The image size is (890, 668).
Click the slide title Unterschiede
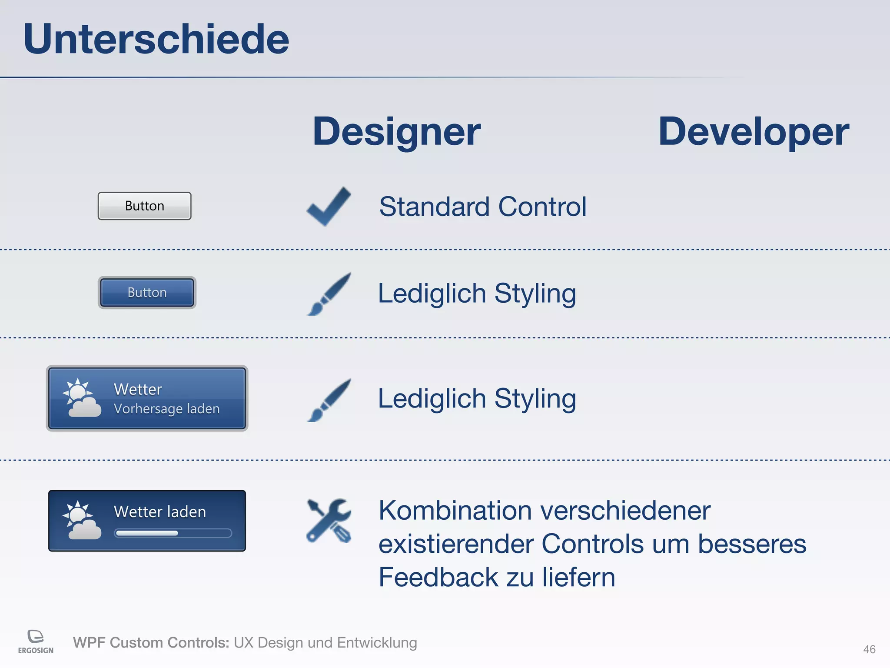tap(156, 39)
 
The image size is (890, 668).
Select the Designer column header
tap(396, 132)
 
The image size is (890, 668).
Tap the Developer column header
tap(753, 132)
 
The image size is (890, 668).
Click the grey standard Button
tap(144, 206)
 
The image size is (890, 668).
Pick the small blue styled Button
tap(147, 292)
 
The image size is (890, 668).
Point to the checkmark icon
tap(329, 206)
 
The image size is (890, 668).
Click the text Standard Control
tap(482, 207)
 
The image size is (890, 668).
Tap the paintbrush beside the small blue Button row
tap(329, 294)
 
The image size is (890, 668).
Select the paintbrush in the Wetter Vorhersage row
tap(329, 400)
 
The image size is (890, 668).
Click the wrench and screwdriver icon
tap(329, 520)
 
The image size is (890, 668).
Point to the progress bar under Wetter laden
tap(173, 533)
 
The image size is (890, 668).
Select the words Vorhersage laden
tap(166, 409)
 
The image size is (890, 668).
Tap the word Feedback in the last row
tap(438, 578)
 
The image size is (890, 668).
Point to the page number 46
tap(869, 649)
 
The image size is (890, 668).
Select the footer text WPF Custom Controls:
tap(151, 643)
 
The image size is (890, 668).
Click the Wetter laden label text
tap(159, 512)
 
